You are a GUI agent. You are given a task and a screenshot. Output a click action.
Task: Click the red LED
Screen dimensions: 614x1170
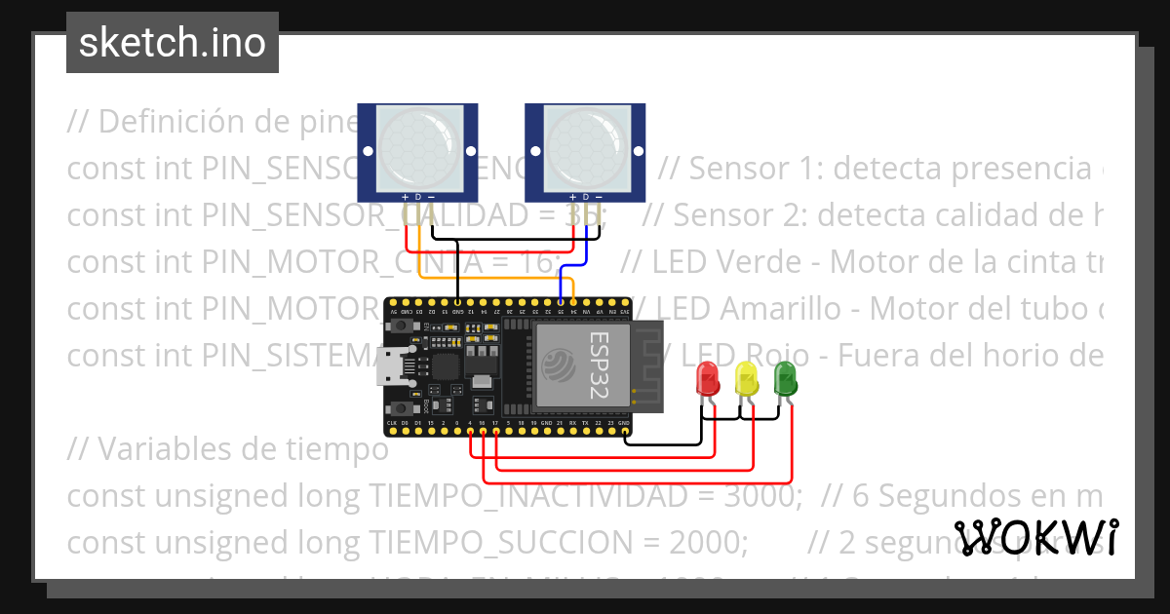pyautogui.click(x=707, y=378)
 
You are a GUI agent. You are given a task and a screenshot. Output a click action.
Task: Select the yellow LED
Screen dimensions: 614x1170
pyautogui.click(x=746, y=378)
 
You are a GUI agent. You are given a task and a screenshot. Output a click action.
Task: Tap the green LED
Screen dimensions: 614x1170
pyautogui.click(x=785, y=378)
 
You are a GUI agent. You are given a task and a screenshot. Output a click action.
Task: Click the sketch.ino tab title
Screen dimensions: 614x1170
pyautogui.click(x=173, y=43)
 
